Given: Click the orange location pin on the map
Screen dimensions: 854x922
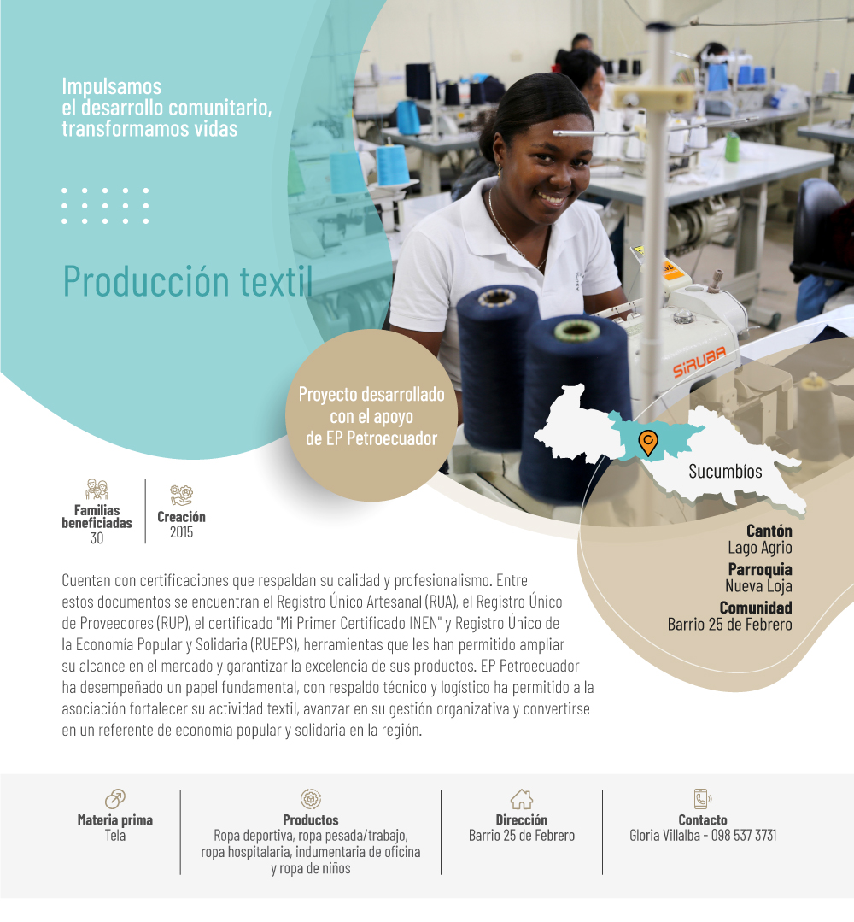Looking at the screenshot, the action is point(647,441).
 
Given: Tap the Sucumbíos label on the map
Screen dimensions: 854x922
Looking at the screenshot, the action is point(725,472).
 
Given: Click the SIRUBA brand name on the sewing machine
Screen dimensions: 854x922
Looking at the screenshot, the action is point(699,361).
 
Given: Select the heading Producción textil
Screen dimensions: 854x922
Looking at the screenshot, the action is point(188,281).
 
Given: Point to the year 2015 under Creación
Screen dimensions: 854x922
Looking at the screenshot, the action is point(181,532).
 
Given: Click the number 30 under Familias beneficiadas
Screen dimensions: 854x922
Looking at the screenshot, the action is point(97,538).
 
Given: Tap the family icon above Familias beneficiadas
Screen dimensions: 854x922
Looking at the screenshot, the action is point(97,490).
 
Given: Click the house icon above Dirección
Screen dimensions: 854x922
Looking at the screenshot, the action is point(521,799).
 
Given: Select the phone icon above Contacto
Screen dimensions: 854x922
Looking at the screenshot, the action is point(702,799).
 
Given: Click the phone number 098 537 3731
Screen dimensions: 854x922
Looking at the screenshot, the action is point(744,836).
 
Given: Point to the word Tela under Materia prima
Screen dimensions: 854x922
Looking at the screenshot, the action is point(115,836).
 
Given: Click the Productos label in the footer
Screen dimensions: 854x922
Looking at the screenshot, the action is point(311,819).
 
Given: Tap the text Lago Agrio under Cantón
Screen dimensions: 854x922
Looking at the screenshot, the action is point(760,548).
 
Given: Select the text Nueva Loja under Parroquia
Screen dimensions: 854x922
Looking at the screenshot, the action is point(758,585).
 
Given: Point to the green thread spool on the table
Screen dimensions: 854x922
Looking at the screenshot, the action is point(732,147).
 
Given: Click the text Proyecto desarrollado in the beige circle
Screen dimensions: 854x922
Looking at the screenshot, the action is point(371,394).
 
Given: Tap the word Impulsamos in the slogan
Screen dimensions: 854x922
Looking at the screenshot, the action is point(112,86).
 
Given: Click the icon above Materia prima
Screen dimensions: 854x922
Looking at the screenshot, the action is point(115,798).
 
